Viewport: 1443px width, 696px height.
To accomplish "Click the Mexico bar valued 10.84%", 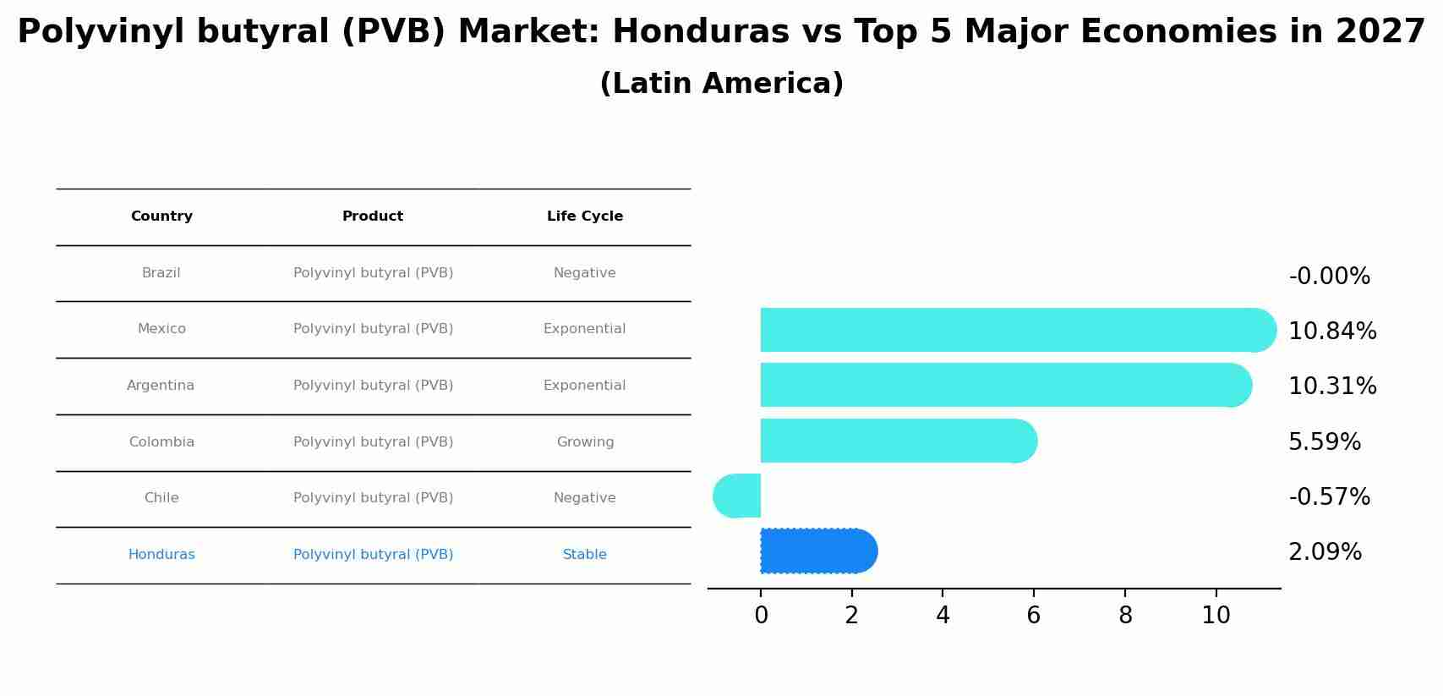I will point(1006,330).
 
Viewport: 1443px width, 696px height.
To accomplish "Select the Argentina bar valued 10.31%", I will point(998,385).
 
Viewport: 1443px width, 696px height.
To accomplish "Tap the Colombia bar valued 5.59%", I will point(896,441).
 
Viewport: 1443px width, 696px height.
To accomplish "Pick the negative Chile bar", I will point(738,496).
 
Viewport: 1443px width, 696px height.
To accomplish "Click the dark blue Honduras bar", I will point(816,551).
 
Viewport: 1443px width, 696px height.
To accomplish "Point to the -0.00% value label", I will point(1329,277).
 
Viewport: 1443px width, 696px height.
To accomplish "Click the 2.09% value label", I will point(1325,552).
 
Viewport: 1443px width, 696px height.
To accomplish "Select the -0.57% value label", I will point(1329,497).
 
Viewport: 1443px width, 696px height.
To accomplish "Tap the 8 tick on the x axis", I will point(1125,616).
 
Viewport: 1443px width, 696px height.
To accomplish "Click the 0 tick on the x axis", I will point(761,616).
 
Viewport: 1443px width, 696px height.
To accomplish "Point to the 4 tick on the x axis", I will point(943,616).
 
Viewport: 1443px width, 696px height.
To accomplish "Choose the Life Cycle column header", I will point(585,216).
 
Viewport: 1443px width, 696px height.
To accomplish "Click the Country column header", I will point(161,216).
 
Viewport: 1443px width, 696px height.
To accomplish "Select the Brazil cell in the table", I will point(161,273).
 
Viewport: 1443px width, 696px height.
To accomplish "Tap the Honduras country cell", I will point(161,555).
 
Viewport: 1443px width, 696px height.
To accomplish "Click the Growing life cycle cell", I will point(585,442).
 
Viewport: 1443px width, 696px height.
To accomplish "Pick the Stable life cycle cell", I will point(585,555).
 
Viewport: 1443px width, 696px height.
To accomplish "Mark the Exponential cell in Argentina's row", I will point(584,386).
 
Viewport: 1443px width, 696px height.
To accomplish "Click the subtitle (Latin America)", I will point(721,84).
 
